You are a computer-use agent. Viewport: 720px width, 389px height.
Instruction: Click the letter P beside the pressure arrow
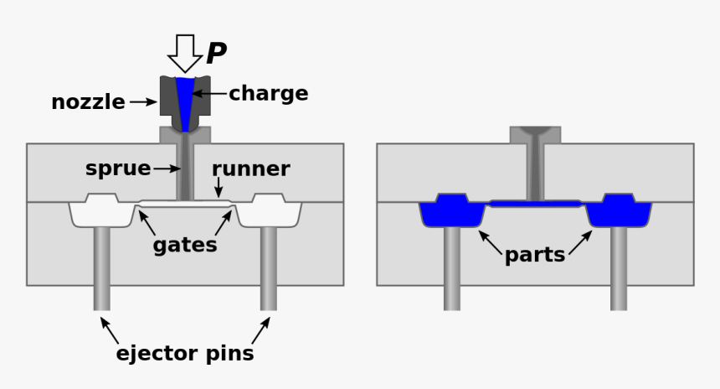click(216, 54)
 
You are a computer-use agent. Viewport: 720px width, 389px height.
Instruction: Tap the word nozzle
click(88, 102)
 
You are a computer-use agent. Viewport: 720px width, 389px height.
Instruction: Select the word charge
click(268, 93)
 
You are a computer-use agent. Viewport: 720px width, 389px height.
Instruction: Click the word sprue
click(118, 169)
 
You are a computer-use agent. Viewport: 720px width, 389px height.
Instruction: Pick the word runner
click(250, 169)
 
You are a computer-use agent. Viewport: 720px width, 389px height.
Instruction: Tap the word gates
click(185, 245)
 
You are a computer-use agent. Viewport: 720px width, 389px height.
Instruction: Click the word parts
click(535, 255)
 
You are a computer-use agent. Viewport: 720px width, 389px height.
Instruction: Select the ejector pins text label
click(185, 353)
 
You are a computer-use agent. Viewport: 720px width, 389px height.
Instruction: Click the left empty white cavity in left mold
click(101, 212)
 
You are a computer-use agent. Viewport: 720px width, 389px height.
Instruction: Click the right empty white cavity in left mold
click(269, 212)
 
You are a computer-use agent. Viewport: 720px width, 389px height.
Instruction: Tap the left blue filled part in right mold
click(452, 212)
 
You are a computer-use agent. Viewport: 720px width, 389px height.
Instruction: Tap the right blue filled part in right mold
click(619, 212)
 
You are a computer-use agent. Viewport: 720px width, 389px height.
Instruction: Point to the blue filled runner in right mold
click(535, 203)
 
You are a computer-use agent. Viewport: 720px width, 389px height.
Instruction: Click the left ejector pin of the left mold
click(101, 268)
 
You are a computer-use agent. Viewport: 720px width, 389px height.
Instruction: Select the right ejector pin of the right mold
click(619, 268)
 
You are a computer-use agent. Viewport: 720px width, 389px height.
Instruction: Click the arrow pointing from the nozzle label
click(143, 102)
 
